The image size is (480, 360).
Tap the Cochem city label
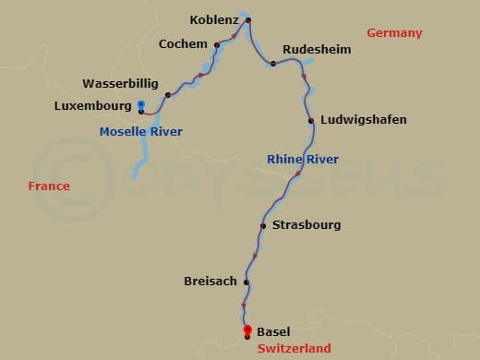[x=183, y=43]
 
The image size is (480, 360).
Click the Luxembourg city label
[x=93, y=106]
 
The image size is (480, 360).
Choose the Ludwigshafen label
[x=364, y=120]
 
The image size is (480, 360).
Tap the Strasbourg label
[x=306, y=224]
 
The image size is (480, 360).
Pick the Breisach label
[x=210, y=282]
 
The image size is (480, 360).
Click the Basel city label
[x=273, y=331]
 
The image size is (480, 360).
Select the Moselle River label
[x=140, y=132]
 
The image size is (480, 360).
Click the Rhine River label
[x=302, y=160]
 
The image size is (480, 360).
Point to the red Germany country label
[x=394, y=33]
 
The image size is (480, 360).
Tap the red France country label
[x=49, y=186]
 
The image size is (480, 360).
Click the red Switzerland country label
[x=294, y=348]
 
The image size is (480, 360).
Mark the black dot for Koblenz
[x=249, y=20]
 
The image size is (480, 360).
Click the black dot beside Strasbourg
[x=263, y=225]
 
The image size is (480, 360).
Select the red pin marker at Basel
[x=246, y=330]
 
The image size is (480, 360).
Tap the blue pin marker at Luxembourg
[x=140, y=104]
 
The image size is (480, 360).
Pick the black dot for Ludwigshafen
[x=311, y=121]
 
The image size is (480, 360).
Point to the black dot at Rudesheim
[x=273, y=64]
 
